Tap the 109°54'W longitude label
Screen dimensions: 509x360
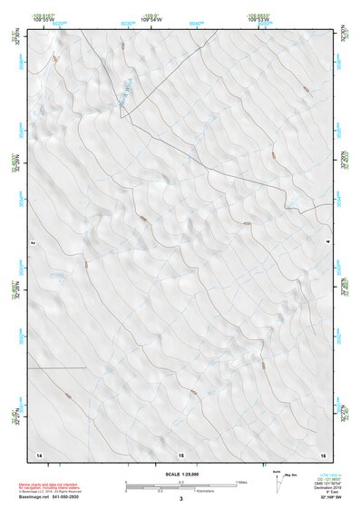pyautogui.click(x=151, y=20)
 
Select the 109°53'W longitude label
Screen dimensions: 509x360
pyautogui.click(x=261, y=20)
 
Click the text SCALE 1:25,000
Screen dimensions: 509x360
pyautogui.click(x=180, y=474)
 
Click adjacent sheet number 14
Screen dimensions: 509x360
pyautogui.click(x=39, y=454)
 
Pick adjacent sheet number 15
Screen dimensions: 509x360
pyautogui.click(x=180, y=454)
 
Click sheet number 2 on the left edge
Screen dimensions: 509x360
pyautogui.click(x=32, y=243)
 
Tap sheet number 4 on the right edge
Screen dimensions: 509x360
pyautogui.click(x=328, y=243)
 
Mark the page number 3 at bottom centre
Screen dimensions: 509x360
pyautogui.click(x=180, y=498)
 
